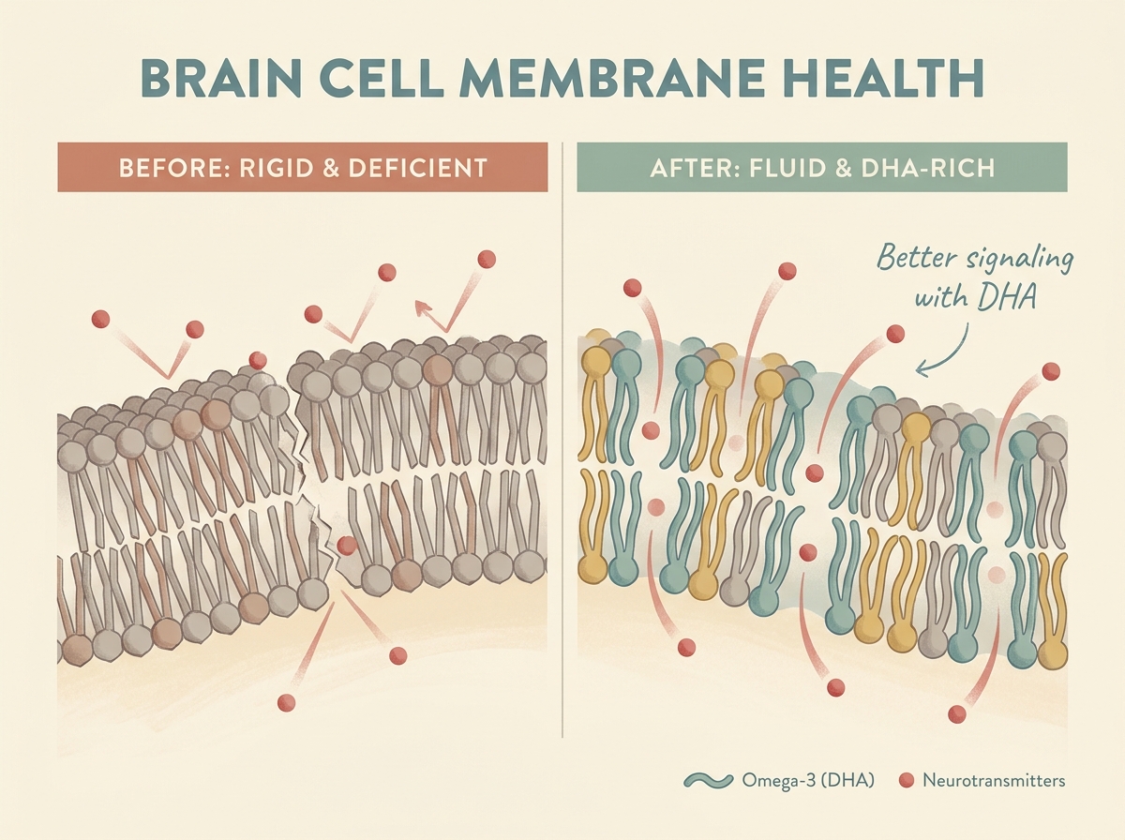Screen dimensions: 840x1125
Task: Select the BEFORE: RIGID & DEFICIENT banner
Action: [x=302, y=168]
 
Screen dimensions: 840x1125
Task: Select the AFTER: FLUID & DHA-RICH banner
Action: [x=821, y=168]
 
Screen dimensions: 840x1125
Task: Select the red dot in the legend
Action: [x=906, y=780]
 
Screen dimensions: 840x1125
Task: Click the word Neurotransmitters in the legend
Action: [x=994, y=780]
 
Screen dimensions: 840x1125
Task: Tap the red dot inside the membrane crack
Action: [x=347, y=545]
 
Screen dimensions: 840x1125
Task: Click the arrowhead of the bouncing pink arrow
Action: [x=421, y=305]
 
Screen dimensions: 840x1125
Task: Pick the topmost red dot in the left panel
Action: [x=486, y=259]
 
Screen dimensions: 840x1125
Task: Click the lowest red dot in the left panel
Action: [x=286, y=702]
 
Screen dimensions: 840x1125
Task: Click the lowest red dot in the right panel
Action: [x=956, y=714]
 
